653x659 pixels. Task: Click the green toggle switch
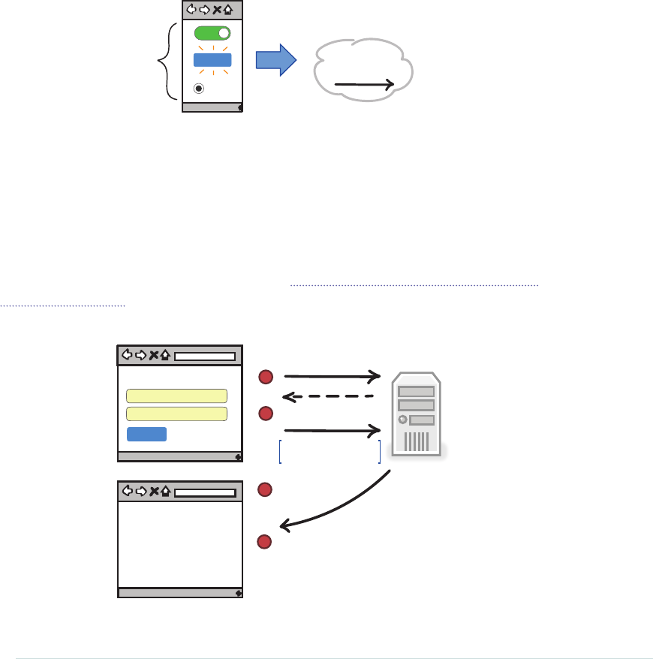(212, 34)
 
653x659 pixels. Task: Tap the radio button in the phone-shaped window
(199, 88)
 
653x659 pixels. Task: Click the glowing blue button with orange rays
(212, 61)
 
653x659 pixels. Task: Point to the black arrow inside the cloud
(364, 86)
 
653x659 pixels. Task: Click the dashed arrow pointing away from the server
(327, 396)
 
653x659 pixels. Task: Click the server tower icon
(417, 413)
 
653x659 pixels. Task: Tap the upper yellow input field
(177, 396)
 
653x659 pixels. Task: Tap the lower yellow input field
(177, 414)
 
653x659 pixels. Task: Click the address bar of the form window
(205, 356)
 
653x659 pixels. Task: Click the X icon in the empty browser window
(154, 492)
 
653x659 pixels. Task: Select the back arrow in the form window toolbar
(127, 356)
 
